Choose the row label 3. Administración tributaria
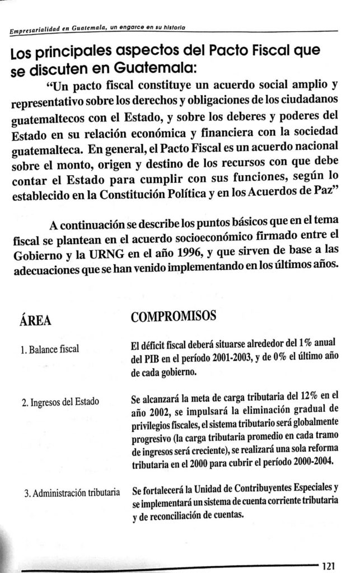coord(73,494)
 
